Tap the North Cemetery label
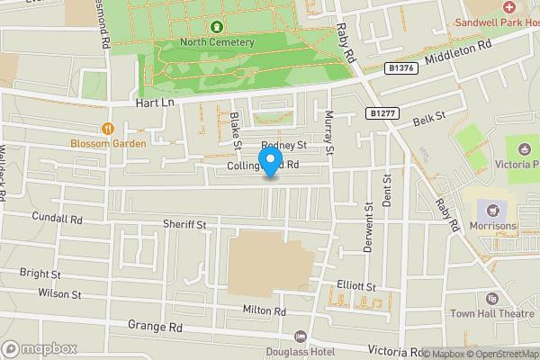tap(216, 42)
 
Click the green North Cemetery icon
tap(216, 27)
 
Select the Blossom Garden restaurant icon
tap(108, 129)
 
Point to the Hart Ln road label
tap(153, 103)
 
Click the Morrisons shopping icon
tap(491, 209)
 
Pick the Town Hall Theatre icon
tap(491, 299)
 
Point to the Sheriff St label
tap(184, 223)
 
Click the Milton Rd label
tap(264, 310)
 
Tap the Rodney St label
tap(284, 145)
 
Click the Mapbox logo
tap(40, 347)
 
